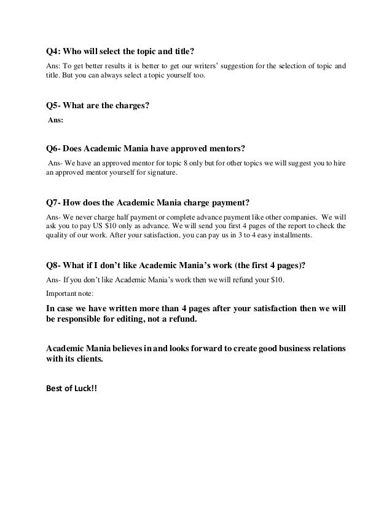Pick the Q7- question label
(55, 202)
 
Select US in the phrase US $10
(97, 227)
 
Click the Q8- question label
(55, 266)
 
